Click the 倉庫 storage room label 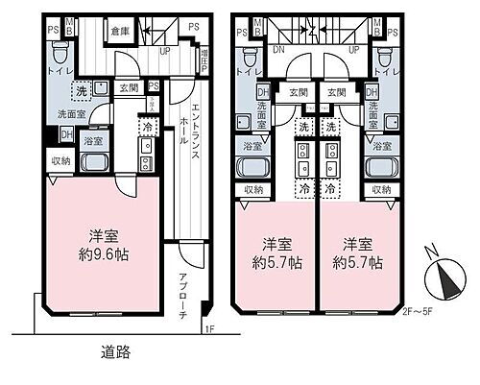[120, 30]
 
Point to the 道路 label [115, 353]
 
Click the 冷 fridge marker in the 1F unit [147, 125]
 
